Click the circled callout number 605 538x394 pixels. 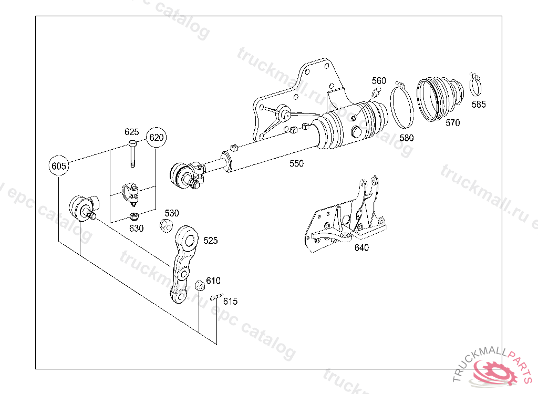(x=59, y=166)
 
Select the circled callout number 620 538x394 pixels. (x=156, y=138)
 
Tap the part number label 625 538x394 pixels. (x=131, y=131)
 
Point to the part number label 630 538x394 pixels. (x=136, y=229)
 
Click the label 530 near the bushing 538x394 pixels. (x=172, y=213)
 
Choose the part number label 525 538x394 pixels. (x=210, y=241)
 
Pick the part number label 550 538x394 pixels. (x=296, y=163)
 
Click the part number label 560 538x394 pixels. (x=379, y=80)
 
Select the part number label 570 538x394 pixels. (x=452, y=123)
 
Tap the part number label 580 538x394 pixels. (x=406, y=138)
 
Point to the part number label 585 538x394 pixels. (x=479, y=104)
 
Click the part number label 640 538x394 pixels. (x=361, y=248)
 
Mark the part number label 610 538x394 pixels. (x=213, y=281)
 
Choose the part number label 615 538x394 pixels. (x=230, y=301)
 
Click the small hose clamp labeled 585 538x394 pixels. (x=477, y=82)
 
